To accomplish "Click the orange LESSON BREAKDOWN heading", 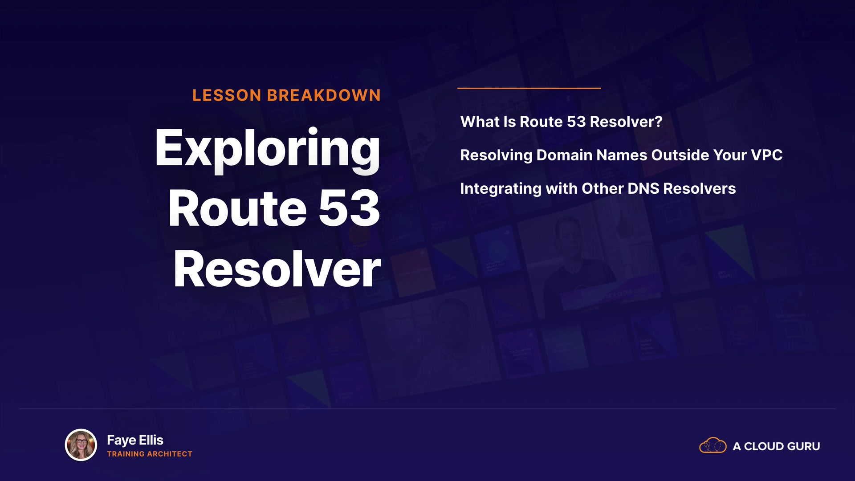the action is click(286, 95).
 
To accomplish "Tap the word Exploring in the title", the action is click(268, 150).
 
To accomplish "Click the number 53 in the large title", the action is click(349, 208).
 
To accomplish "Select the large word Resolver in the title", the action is click(277, 269).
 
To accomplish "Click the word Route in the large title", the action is click(238, 208).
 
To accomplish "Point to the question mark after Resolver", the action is click(658, 122).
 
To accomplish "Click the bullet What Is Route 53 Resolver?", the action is click(562, 122).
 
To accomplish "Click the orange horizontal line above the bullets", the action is click(529, 88).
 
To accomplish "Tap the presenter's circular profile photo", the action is click(81, 445).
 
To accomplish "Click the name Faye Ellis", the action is click(135, 440).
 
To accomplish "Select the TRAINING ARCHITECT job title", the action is click(150, 454).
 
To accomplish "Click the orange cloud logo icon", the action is click(713, 445).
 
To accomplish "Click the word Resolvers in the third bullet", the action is click(700, 188).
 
